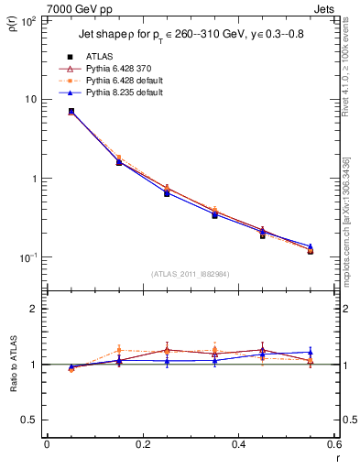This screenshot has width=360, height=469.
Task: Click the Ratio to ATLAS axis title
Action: (13, 365)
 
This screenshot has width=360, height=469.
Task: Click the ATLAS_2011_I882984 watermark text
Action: (191, 274)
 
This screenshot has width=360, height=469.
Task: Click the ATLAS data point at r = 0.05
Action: (71, 111)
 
